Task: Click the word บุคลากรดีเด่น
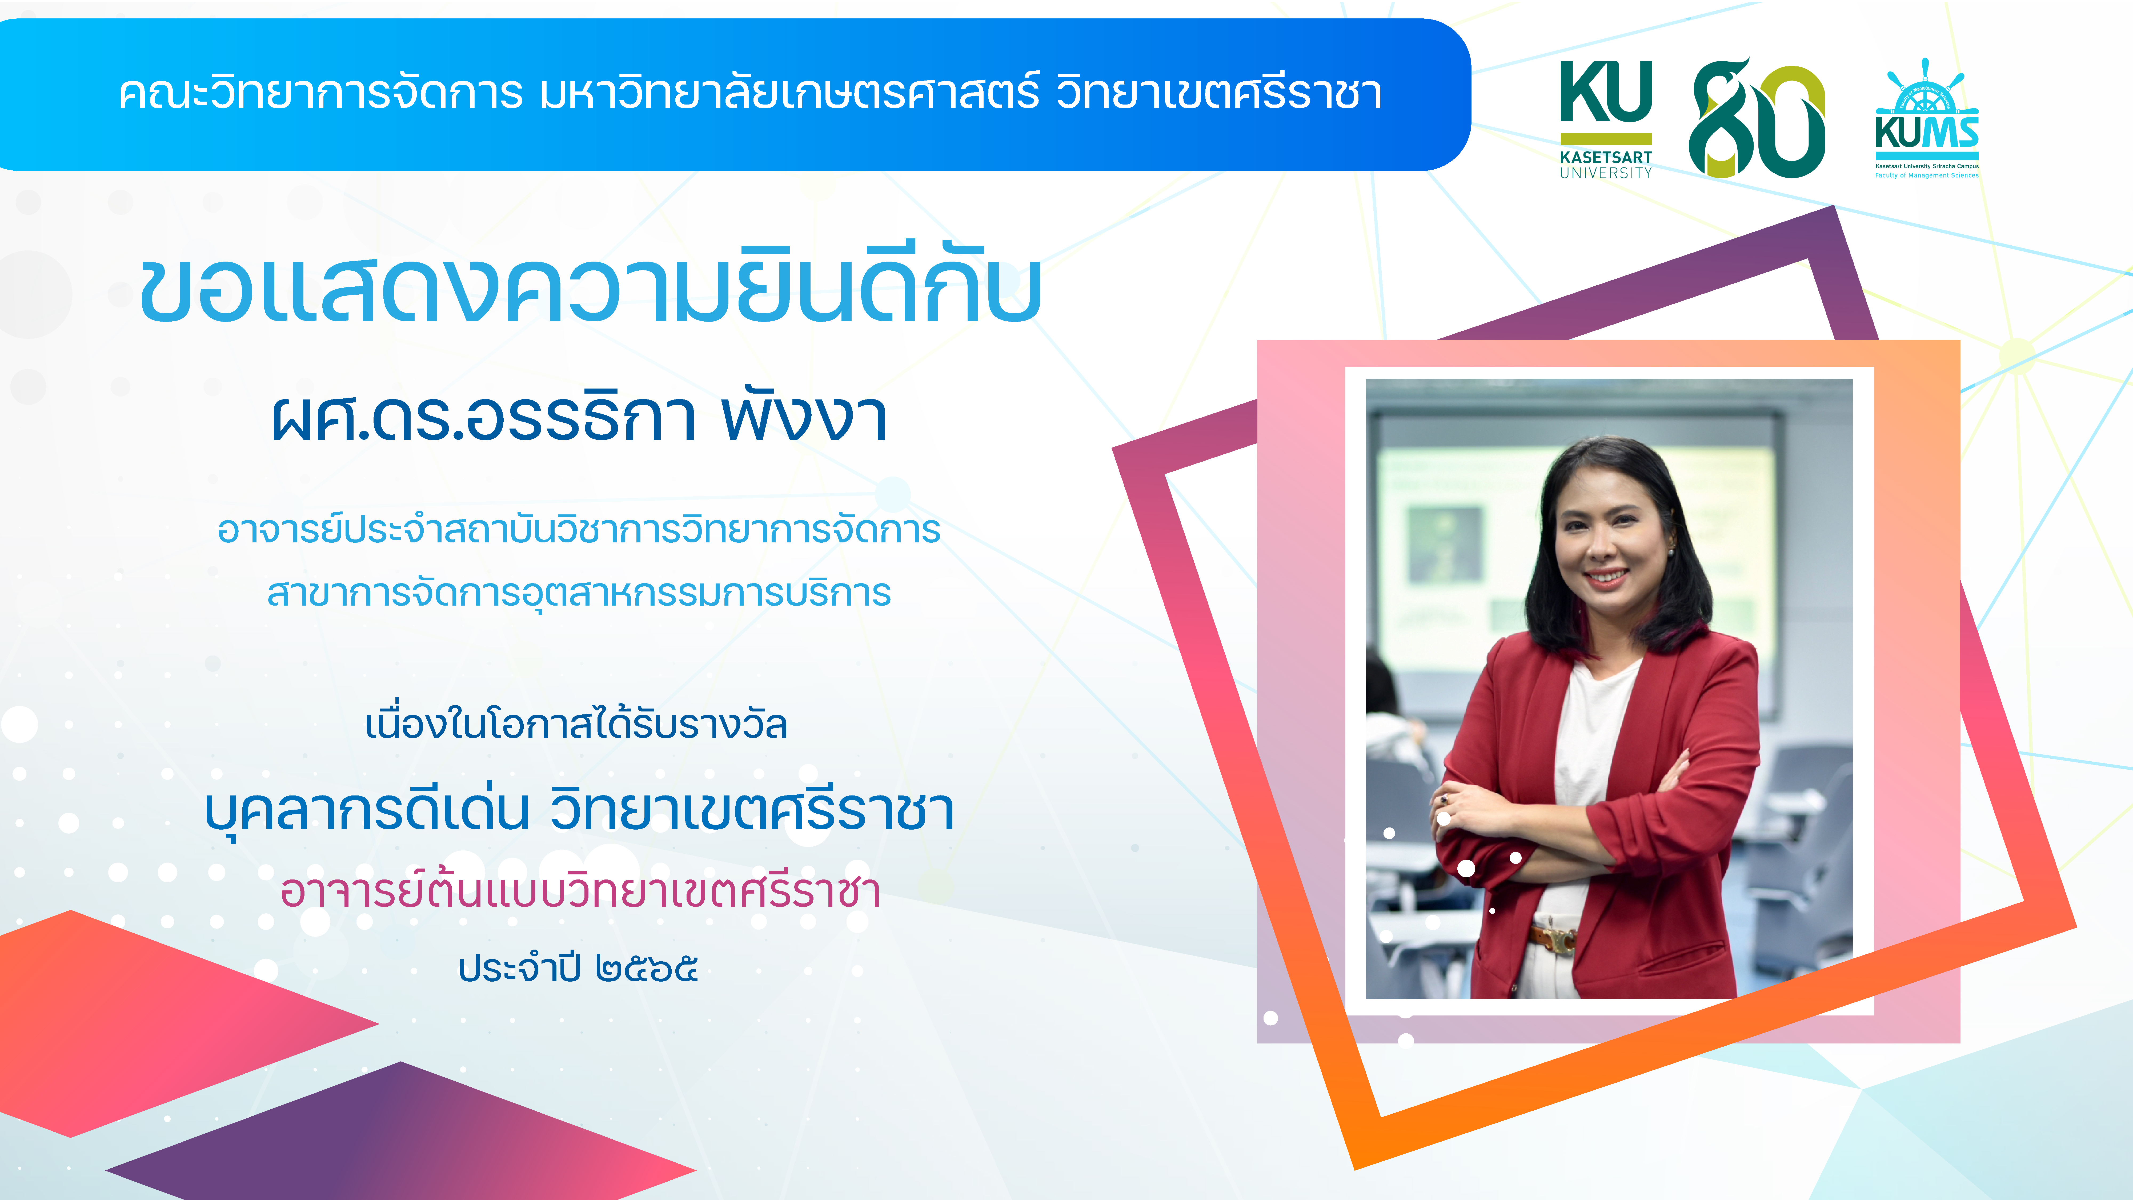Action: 367,810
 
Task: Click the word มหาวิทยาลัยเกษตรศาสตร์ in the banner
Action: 789,93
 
